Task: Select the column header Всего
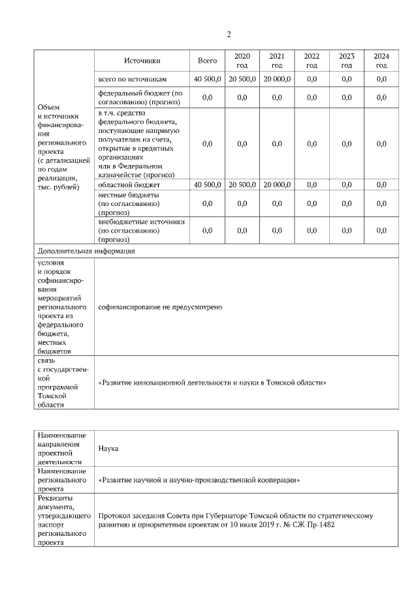click(x=207, y=61)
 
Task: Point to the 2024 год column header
click(x=381, y=61)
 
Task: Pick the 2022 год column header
click(x=312, y=61)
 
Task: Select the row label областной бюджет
click(x=129, y=184)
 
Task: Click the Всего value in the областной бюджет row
click(x=208, y=184)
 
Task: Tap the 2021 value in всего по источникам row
click(x=277, y=79)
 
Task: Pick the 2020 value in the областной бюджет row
click(x=242, y=184)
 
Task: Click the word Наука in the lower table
click(x=108, y=449)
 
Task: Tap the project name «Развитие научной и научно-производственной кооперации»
click(x=199, y=480)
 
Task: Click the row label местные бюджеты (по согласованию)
click(x=128, y=203)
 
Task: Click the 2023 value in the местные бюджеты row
click(x=346, y=203)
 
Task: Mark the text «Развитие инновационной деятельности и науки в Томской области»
click(x=212, y=383)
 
